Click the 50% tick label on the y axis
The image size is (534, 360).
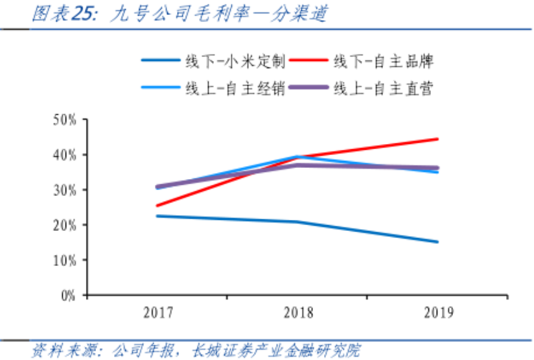click(65, 120)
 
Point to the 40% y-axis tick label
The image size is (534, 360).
click(65, 155)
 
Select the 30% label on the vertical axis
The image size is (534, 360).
click(65, 190)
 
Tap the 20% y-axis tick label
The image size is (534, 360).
click(65, 225)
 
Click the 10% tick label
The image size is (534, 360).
click(65, 260)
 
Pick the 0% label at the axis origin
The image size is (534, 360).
click(68, 295)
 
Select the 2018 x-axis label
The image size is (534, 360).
click(298, 313)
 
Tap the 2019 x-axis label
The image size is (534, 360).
click(439, 313)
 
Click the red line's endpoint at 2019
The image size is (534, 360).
click(438, 139)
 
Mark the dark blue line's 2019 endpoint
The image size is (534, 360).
click(438, 242)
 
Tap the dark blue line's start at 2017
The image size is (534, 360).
click(157, 216)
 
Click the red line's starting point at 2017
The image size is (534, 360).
click(157, 206)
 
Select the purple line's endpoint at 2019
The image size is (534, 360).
click(438, 168)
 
